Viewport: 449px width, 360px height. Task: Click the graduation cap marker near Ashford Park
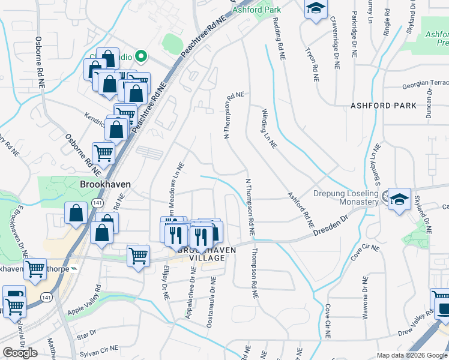(x=315, y=8)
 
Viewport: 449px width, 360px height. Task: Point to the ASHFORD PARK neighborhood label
(x=384, y=106)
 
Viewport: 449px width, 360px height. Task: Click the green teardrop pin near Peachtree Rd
(x=142, y=57)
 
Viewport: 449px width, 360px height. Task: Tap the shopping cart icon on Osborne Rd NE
(x=103, y=153)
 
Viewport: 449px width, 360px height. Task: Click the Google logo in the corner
(x=20, y=353)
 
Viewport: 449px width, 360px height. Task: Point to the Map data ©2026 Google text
(x=412, y=355)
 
